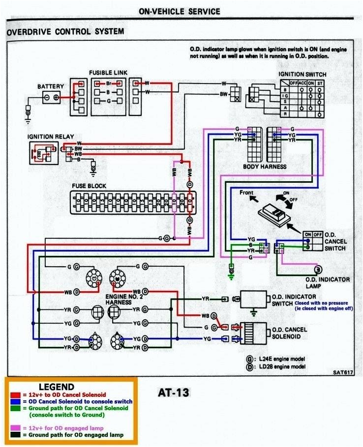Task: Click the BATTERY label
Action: pos(51,86)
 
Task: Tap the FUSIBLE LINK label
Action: pos(108,73)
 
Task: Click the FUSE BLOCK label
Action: pos(89,186)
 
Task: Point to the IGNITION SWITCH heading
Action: pos(302,74)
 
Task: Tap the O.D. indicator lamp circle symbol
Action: pos(318,269)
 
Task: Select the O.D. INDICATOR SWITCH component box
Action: pos(253,299)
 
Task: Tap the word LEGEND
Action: pos(56,387)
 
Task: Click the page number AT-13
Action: pos(173,393)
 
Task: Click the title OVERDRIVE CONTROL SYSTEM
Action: pos(65,32)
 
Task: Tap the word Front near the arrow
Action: pos(246,193)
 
